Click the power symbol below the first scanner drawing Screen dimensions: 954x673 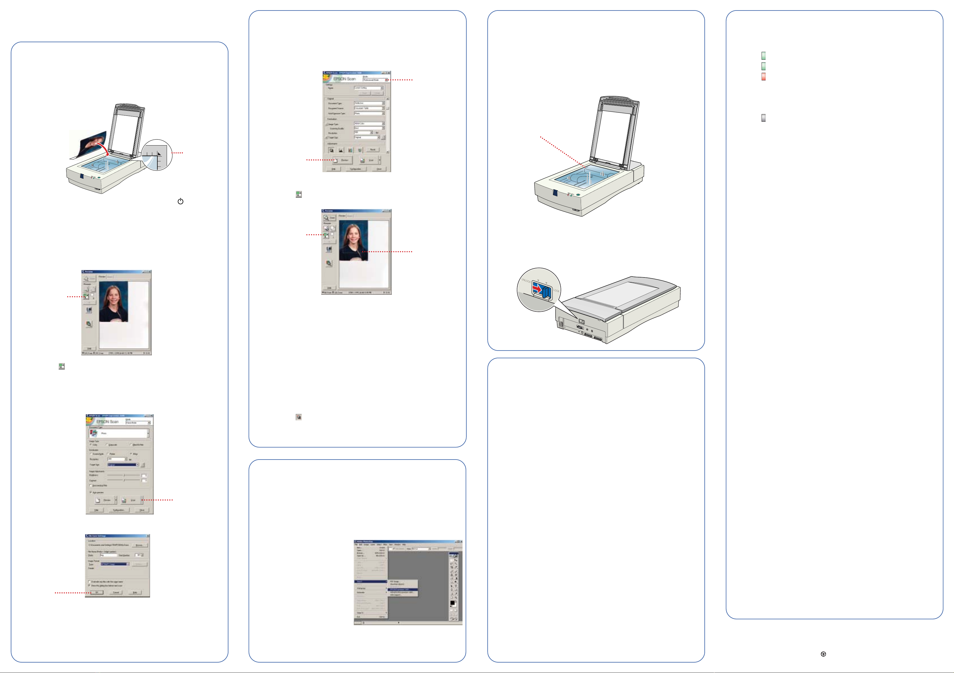[x=180, y=201]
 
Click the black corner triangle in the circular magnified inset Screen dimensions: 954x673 [x=159, y=154]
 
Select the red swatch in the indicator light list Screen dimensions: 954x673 [x=763, y=76]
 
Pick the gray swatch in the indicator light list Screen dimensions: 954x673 [x=763, y=118]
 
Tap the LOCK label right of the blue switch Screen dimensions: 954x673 [x=556, y=290]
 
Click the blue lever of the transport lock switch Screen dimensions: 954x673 [x=546, y=292]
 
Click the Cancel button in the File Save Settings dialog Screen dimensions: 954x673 [x=116, y=592]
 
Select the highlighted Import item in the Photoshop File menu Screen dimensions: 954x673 [x=370, y=582]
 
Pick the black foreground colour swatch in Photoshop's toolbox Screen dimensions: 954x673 [x=453, y=602]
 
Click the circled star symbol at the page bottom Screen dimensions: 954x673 [x=823, y=654]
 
